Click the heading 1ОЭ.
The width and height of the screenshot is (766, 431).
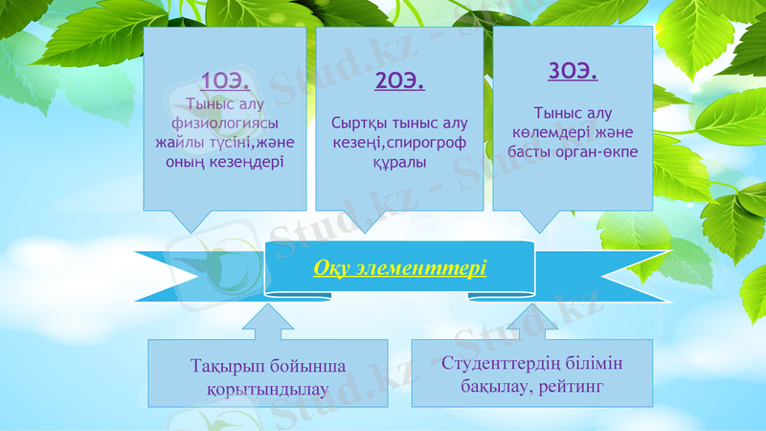pos(226,80)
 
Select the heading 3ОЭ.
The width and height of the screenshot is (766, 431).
pos(573,71)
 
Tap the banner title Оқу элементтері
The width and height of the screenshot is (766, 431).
pos(399,267)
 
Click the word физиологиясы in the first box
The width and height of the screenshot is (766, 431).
pos(225,124)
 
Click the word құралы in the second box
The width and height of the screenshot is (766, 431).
pos(399,163)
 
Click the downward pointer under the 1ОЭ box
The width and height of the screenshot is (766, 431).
pos(191,221)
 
